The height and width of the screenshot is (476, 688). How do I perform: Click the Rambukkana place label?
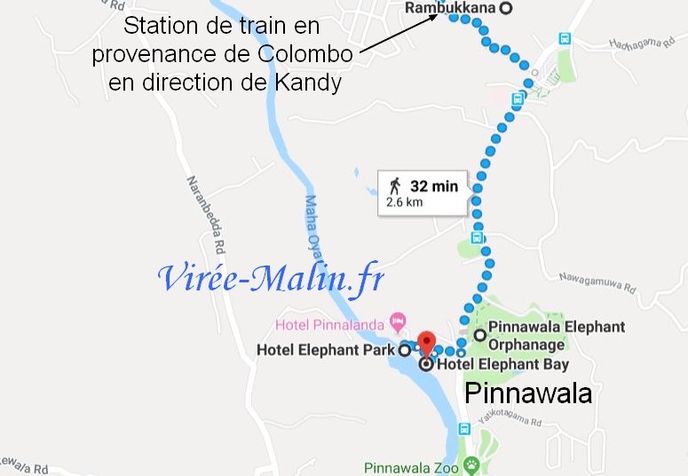[x=450, y=8]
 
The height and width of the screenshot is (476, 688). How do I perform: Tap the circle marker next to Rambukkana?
[x=506, y=8]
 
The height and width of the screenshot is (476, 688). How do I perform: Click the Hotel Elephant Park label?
[x=325, y=350]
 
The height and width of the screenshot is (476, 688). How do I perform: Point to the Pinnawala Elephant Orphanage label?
[x=558, y=336]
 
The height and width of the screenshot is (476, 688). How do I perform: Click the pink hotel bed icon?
[x=398, y=319]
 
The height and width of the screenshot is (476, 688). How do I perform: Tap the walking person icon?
[x=396, y=186]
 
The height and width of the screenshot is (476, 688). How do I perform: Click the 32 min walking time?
[x=434, y=186]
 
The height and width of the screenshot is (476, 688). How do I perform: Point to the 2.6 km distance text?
[x=404, y=202]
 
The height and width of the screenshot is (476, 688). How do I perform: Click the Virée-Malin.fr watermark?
[x=271, y=278]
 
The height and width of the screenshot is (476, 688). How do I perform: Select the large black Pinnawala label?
[x=528, y=393]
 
